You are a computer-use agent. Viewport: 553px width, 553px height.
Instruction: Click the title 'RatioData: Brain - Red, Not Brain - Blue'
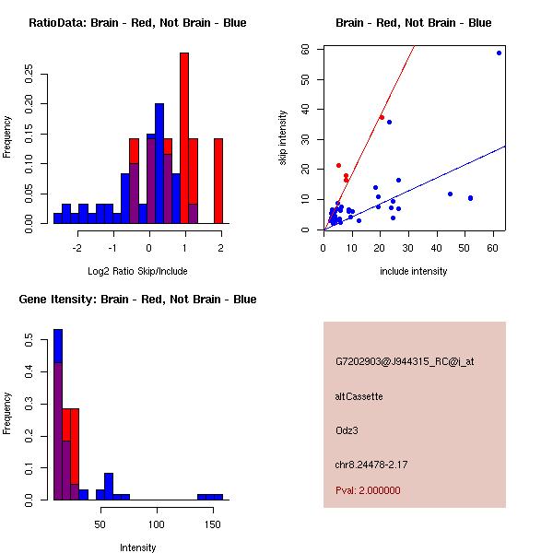(x=137, y=23)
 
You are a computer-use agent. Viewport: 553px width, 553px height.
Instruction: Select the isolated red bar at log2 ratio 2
(x=218, y=180)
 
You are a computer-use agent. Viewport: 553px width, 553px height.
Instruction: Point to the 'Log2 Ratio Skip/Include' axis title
(x=137, y=270)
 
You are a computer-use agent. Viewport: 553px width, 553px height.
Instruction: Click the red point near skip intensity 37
(x=382, y=117)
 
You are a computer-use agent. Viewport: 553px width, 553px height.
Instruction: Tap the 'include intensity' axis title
(x=414, y=271)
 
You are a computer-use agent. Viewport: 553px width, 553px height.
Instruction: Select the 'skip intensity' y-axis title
(x=283, y=138)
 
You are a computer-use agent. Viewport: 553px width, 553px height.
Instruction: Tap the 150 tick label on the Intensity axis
(x=213, y=524)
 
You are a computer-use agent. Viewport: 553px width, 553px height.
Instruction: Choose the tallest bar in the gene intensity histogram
(x=58, y=415)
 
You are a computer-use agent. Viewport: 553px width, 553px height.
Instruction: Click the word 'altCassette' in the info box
(x=359, y=396)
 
